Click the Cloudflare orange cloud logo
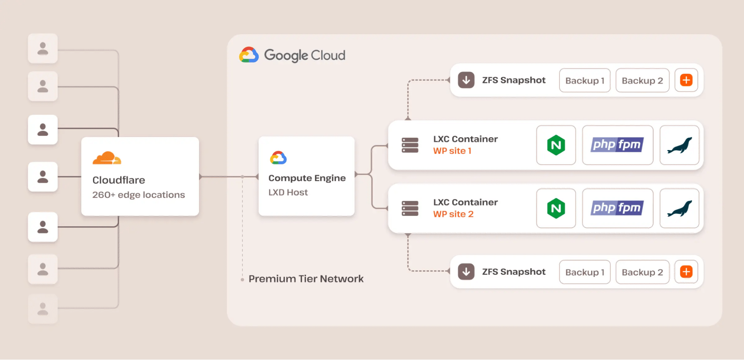pos(107,158)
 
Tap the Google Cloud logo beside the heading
pos(249,55)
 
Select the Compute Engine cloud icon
pos(278,158)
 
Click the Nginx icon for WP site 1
pos(556,145)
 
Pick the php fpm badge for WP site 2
pos(617,208)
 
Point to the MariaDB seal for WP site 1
pos(679,145)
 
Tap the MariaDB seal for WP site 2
pos(679,208)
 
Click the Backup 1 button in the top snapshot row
pos(585,80)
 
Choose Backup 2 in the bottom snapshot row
pos(642,272)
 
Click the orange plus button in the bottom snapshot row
pos(686,272)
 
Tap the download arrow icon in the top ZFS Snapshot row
pos(466,80)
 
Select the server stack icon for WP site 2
pos(410,208)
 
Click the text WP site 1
pos(452,151)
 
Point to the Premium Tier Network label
pos(306,279)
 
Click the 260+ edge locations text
pos(138,195)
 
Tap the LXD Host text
pos(288,192)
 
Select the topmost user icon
pos(43,48)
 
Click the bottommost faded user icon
pos(43,309)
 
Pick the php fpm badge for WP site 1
pos(617,145)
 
